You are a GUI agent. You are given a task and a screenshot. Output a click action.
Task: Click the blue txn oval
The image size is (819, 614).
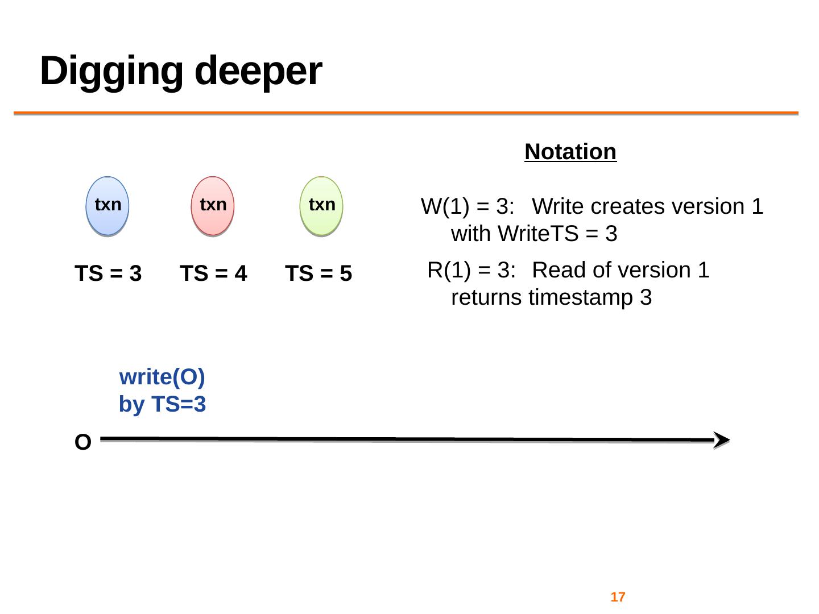click(x=107, y=206)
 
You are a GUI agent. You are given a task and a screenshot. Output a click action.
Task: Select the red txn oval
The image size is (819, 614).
click(x=213, y=206)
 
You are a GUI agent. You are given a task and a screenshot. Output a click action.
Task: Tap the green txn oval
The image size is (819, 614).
click(x=321, y=206)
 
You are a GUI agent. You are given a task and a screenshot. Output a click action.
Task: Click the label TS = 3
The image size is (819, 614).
click(x=108, y=274)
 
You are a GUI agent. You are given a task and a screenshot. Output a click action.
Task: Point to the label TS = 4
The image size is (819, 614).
click(x=213, y=274)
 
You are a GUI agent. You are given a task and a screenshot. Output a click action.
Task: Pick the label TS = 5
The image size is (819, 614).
click(x=318, y=274)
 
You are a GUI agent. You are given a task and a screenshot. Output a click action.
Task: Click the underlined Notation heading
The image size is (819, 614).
click(x=570, y=152)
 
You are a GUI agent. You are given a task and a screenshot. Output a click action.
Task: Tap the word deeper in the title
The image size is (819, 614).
click(x=258, y=71)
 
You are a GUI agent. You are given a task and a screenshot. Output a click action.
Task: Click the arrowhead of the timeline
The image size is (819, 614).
click(x=721, y=440)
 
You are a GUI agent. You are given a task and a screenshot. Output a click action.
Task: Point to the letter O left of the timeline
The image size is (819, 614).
click(x=83, y=443)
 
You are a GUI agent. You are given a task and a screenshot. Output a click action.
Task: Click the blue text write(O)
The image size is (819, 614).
click(x=162, y=377)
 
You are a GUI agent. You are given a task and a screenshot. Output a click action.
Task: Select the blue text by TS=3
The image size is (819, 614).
click(x=162, y=405)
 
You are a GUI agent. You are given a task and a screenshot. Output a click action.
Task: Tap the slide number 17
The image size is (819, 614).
click(x=618, y=597)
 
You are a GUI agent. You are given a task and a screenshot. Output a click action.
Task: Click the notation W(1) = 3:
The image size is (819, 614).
click(x=468, y=206)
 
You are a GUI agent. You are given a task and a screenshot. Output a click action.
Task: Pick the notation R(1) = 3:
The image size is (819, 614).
click(x=471, y=270)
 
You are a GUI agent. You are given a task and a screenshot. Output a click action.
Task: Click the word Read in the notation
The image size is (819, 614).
click(x=555, y=270)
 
